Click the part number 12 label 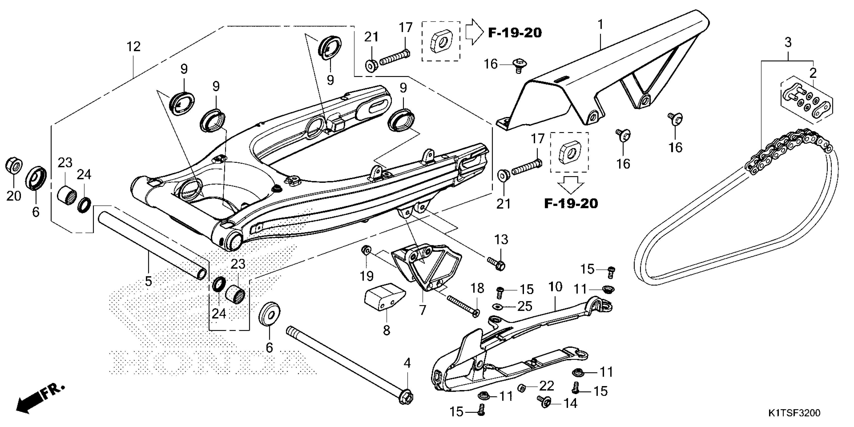click(x=134, y=47)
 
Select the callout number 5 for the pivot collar click(x=148, y=281)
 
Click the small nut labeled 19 click(x=366, y=251)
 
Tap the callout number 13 click(x=501, y=240)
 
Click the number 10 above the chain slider click(x=555, y=287)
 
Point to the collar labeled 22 click(x=521, y=388)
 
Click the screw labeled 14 click(x=544, y=402)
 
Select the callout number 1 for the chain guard click(x=600, y=25)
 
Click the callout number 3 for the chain click(x=788, y=42)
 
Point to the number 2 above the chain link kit click(x=813, y=73)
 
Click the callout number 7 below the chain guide click(x=422, y=310)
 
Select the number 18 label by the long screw click(x=477, y=289)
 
